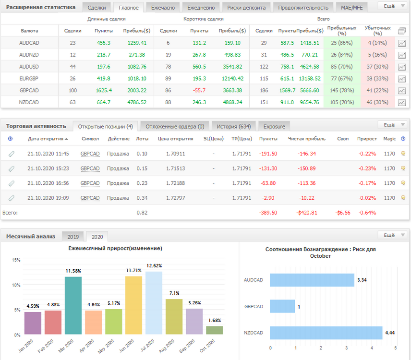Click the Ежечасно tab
[163, 8]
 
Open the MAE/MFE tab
[352, 8]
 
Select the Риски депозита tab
[246, 8]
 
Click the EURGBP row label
[29, 79]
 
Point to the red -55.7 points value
[199, 90]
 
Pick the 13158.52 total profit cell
[310, 79]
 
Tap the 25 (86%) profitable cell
[341, 43]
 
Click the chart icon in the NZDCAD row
[401, 102]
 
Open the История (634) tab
[233, 127]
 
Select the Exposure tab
[274, 127]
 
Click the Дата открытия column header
[46, 139]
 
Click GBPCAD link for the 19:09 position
[90, 198]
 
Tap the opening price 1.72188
[175, 183]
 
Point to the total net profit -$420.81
[307, 213]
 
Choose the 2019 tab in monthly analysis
[73, 237]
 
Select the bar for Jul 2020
[154, 303]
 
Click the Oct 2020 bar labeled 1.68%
[215, 330]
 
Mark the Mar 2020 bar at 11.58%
[73, 305]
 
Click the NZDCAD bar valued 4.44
[326, 333]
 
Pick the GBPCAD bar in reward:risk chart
[282, 306]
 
